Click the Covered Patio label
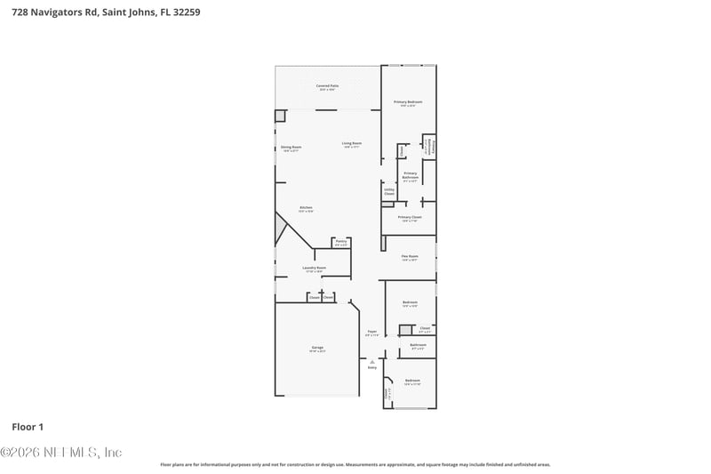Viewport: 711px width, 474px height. click(x=326, y=87)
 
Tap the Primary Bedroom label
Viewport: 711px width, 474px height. click(x=408, y=103)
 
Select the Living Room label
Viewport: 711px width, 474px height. click(x=352, y=144)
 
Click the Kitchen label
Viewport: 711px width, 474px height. click(x=306, y=209)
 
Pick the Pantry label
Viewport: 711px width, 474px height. click(x=340, y=242)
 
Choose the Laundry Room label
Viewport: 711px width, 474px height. click(x=314, y=269)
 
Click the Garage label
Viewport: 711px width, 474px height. click(x=317, y=349)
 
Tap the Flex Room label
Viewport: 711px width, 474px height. click(x=410, y=258)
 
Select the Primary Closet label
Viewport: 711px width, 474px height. click(x=410, y=218)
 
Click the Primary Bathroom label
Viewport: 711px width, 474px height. click(x=410, y=176)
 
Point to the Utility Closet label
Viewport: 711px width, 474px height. click(x=389, y=191)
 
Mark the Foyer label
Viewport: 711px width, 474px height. click(x=372, y=333)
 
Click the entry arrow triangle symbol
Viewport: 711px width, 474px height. click(x=372, y=361)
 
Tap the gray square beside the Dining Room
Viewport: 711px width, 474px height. click(x=280, y=116)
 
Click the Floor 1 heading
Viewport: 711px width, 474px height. click(x=28, y=427)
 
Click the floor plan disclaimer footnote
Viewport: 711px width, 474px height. click(x=355, y=464)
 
